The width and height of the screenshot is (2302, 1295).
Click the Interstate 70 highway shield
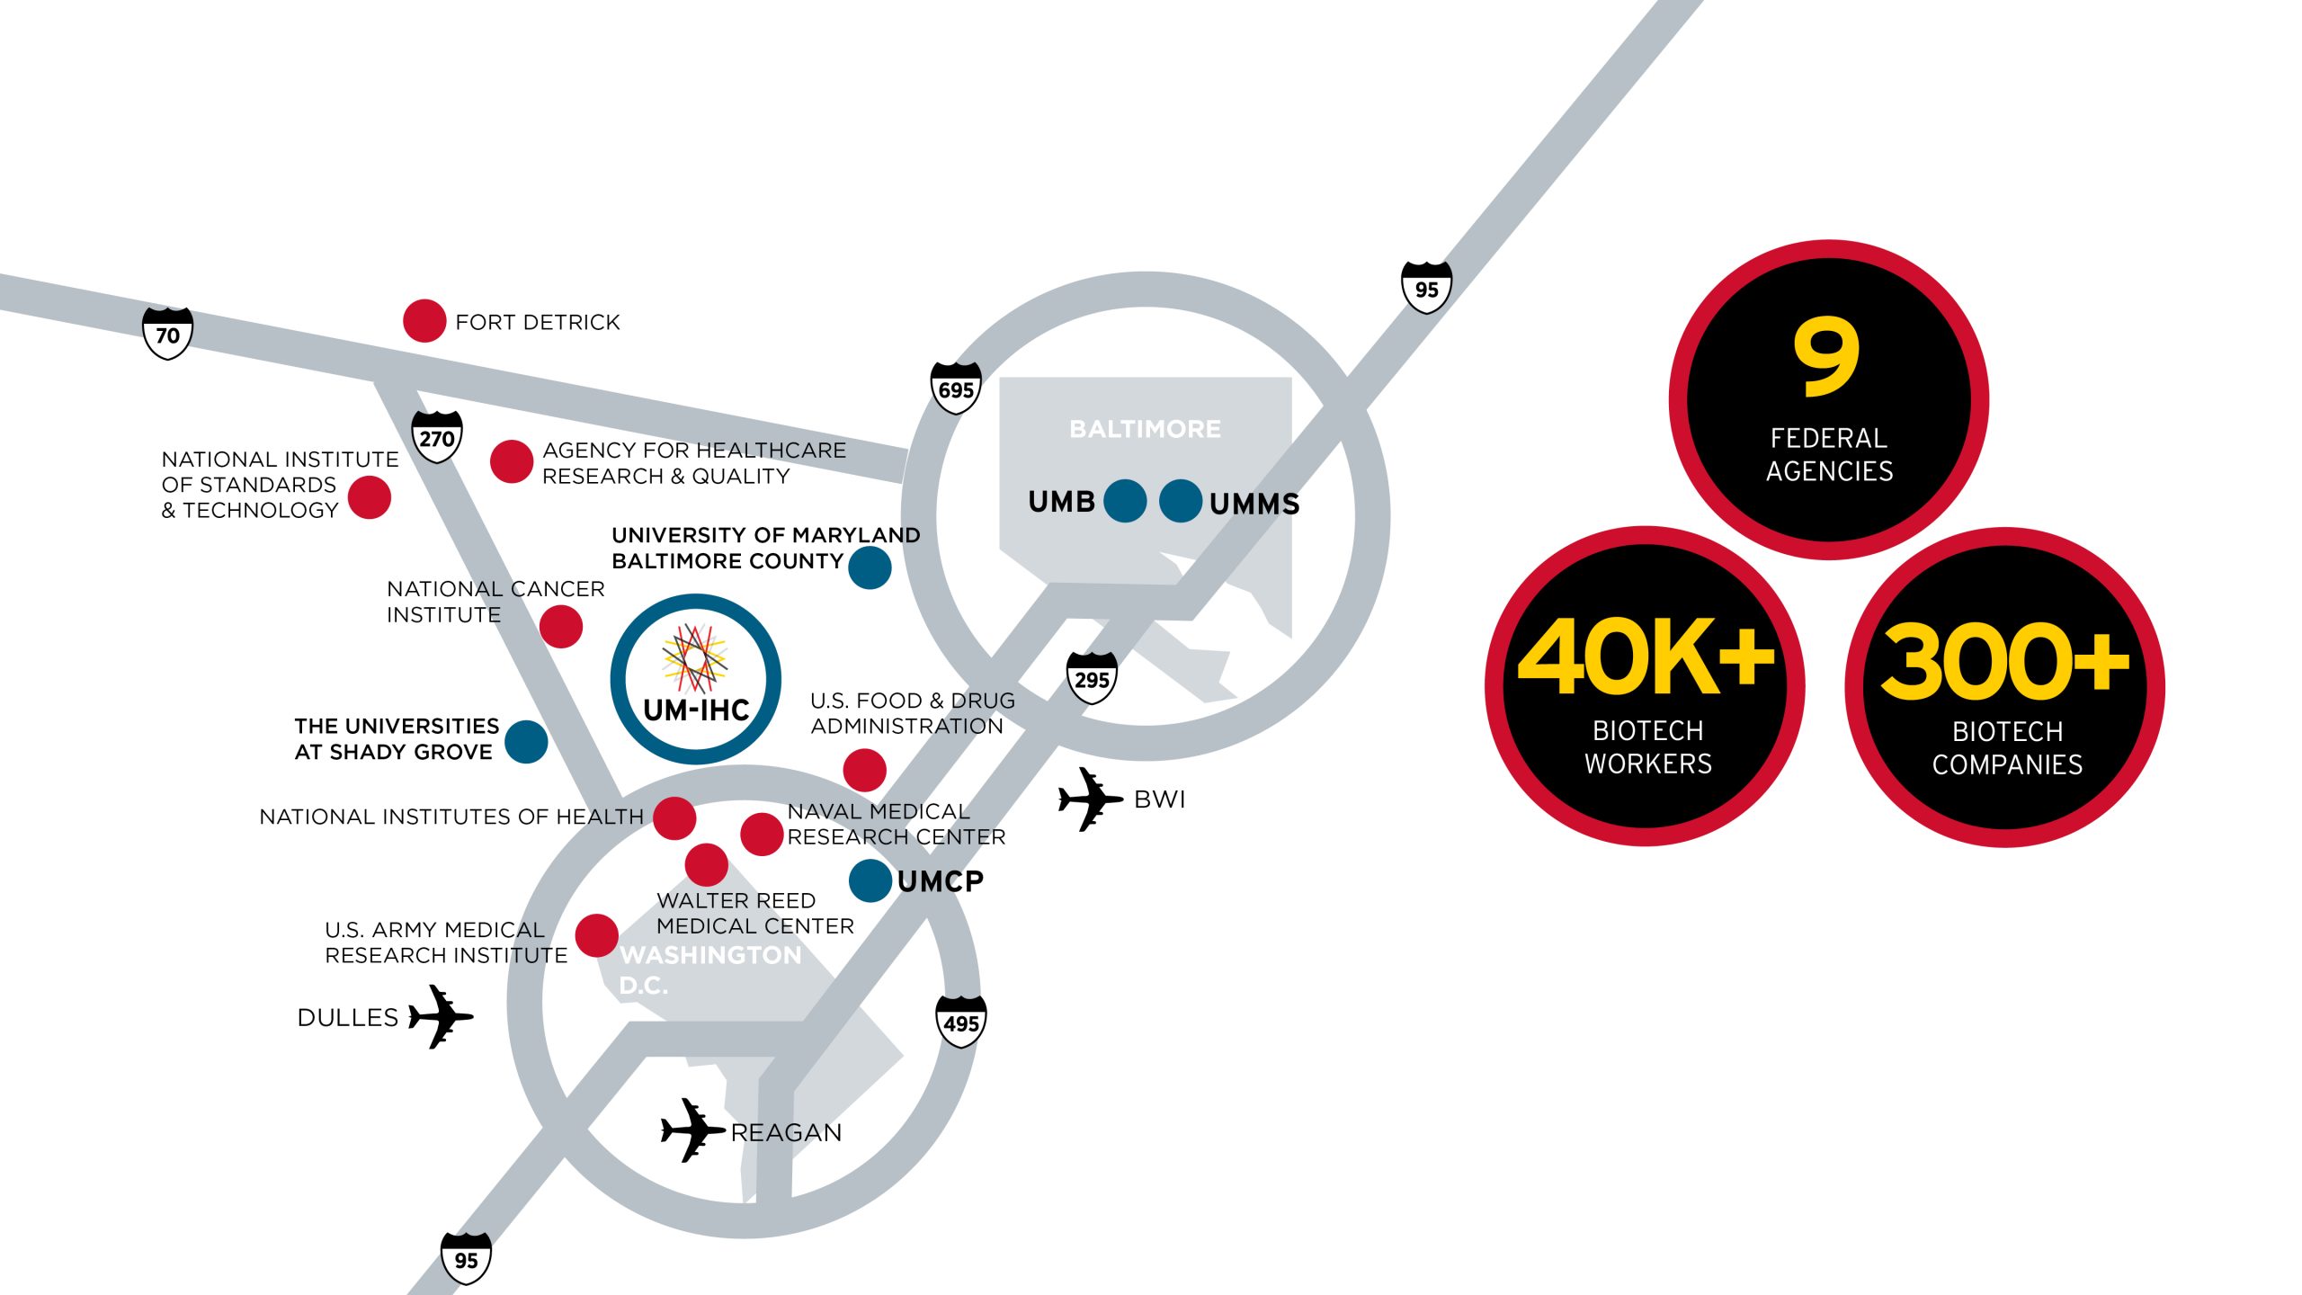(x=168, y=334)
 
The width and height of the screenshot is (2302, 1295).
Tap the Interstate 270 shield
(x=437, y=437)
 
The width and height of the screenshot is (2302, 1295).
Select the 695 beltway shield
(x=956, y=388)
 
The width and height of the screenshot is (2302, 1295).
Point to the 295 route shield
(x=1092, y=679)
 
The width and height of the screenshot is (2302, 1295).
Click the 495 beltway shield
(x=961, y=1023)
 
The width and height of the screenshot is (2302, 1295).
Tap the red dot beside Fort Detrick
(x=424, y=321)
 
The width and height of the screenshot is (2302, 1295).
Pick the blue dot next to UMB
(x=1125, y=501)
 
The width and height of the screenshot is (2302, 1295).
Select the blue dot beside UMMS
(x=1181, y=501)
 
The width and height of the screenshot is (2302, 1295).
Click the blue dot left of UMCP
(x=870, y=880)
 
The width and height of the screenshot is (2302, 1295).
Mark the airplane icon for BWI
(x=1089, y=799)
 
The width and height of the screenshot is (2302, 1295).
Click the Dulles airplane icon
(x=440, y=1016)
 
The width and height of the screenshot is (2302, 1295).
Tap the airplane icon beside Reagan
(x=691, y=1130)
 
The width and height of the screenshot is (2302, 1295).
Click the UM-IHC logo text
(x=697, y=710)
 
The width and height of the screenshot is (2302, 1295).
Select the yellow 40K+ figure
(x=1645, y=656)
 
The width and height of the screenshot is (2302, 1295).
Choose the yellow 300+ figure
(x=2004, y=662)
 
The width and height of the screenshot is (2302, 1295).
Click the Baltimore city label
(x=1145, y=429)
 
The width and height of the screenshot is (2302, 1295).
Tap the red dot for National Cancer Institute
(x=561, y=626)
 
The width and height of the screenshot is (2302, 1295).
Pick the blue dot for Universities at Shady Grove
(x=526, y=741)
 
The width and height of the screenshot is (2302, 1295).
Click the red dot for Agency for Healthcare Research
(x=512, y=461)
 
